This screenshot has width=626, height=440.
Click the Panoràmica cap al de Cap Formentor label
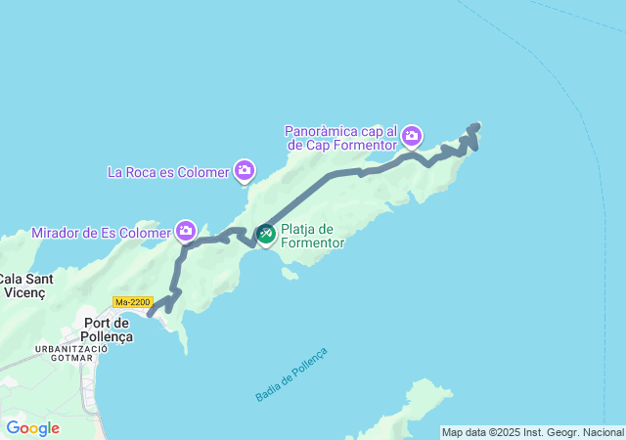(340, 138)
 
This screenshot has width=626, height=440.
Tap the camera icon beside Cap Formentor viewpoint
(412, 135)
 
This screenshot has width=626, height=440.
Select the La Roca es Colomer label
(167, 173)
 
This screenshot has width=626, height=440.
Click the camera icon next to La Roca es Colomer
(245, 172)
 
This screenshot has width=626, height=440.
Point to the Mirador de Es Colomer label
(101, 233)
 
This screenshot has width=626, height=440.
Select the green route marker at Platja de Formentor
(266, 234)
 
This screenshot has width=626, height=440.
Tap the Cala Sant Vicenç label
(27, 285)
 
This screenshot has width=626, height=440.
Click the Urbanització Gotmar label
(65, 353)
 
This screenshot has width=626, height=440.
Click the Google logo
(32, 427)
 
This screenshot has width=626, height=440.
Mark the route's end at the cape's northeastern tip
(476, 125)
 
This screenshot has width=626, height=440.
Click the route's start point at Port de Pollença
(150, 314)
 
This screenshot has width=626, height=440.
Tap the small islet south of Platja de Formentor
(289, 274)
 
